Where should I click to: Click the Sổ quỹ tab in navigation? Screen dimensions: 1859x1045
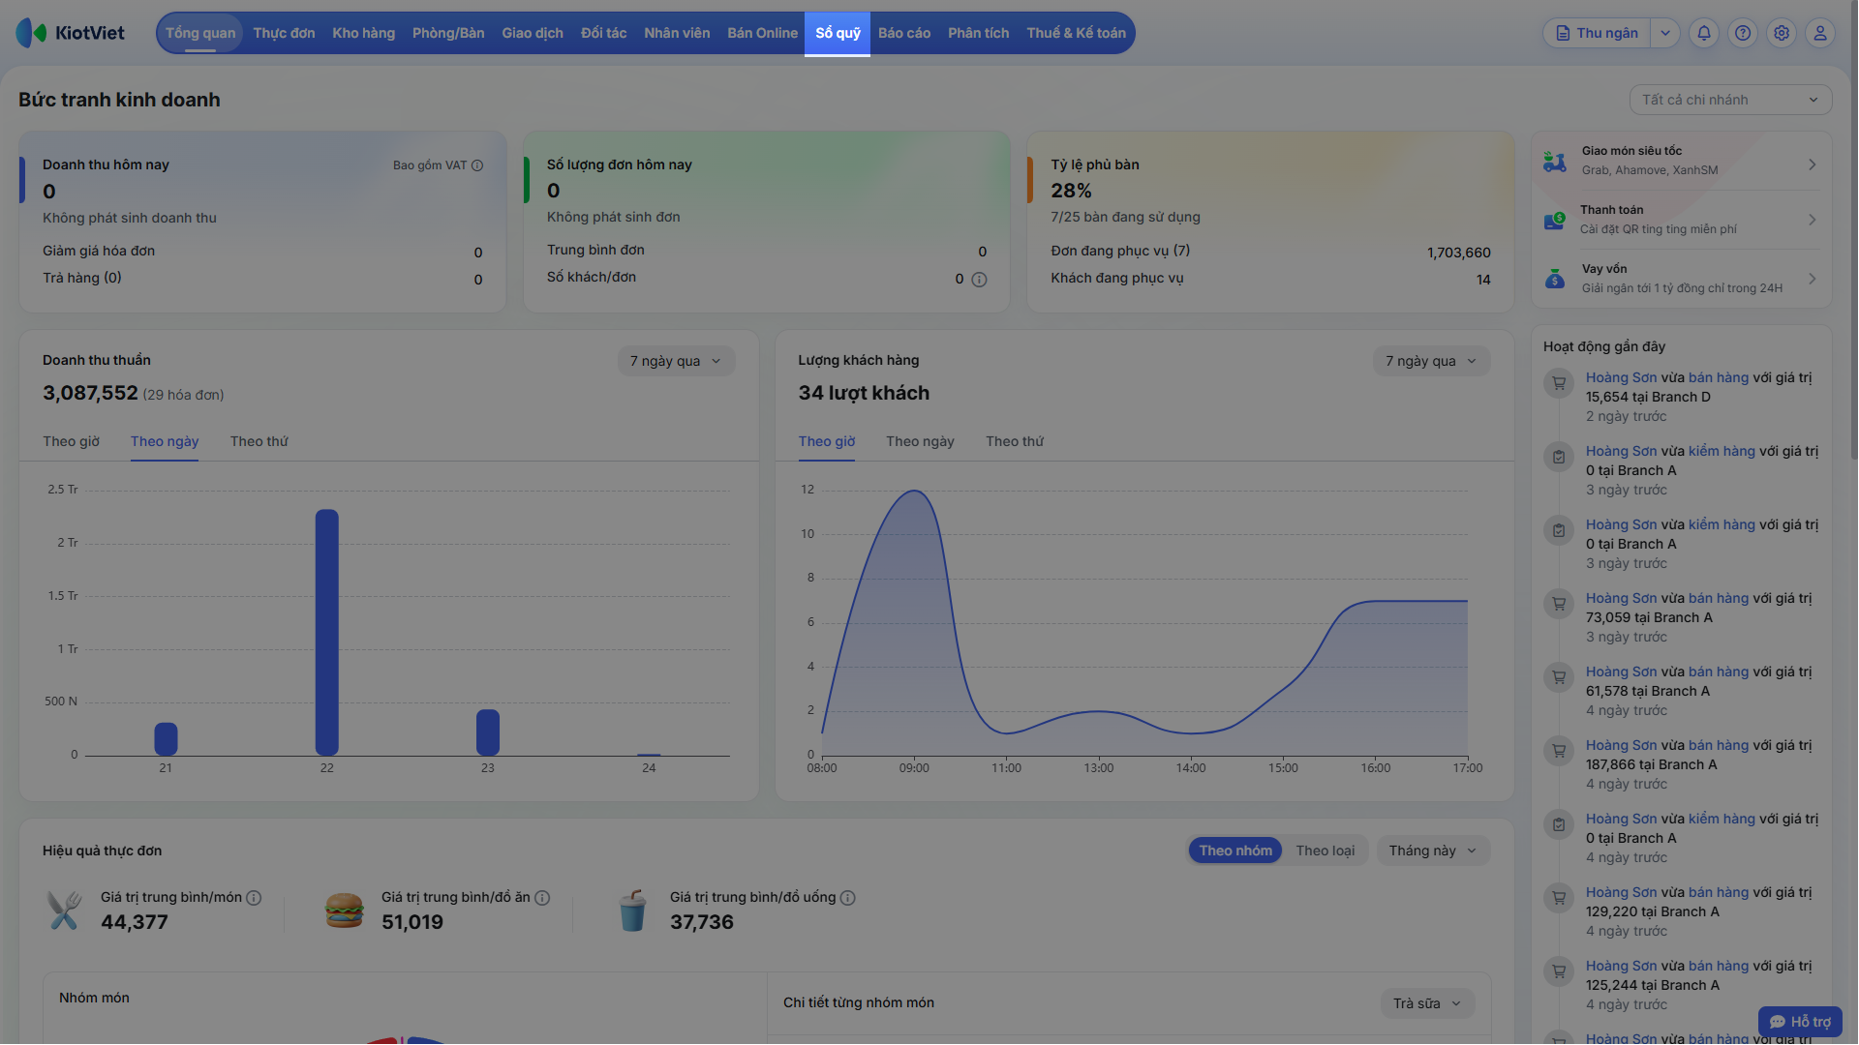(x=838, y=33)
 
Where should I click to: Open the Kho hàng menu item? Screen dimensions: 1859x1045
(x=363, y=33)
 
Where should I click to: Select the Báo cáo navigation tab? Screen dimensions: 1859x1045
(x=904, y=33)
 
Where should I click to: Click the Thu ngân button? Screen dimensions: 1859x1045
(x=1598, y=33)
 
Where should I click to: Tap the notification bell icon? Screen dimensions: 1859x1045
(x=1704, y=33)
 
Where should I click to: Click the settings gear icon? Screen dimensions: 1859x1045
(x=1782, y=33)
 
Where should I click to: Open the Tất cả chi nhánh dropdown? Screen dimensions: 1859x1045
(x=1730, y=100)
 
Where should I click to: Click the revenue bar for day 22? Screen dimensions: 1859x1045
(x=327, y=632)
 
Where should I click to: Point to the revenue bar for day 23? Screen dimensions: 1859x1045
(x=488, y=732)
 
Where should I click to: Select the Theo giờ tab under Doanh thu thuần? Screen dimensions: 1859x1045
(x=72, y=441)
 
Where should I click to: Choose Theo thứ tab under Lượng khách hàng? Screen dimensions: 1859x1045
(x=1015, y=441)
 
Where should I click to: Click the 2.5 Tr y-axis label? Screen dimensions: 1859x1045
(x=63, y=490)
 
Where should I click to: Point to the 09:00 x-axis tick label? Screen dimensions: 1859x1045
(x=914, y=768)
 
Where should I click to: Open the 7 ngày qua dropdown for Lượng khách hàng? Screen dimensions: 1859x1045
(x=1431, y=361)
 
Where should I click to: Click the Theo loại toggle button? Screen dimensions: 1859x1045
(x=1326, y=851)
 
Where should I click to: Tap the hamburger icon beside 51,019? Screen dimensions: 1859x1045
(x=344, y=911)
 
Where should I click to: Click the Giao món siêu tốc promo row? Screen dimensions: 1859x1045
(x=1681, y=161)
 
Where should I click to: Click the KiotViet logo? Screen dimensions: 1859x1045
(x=71, y=33)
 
